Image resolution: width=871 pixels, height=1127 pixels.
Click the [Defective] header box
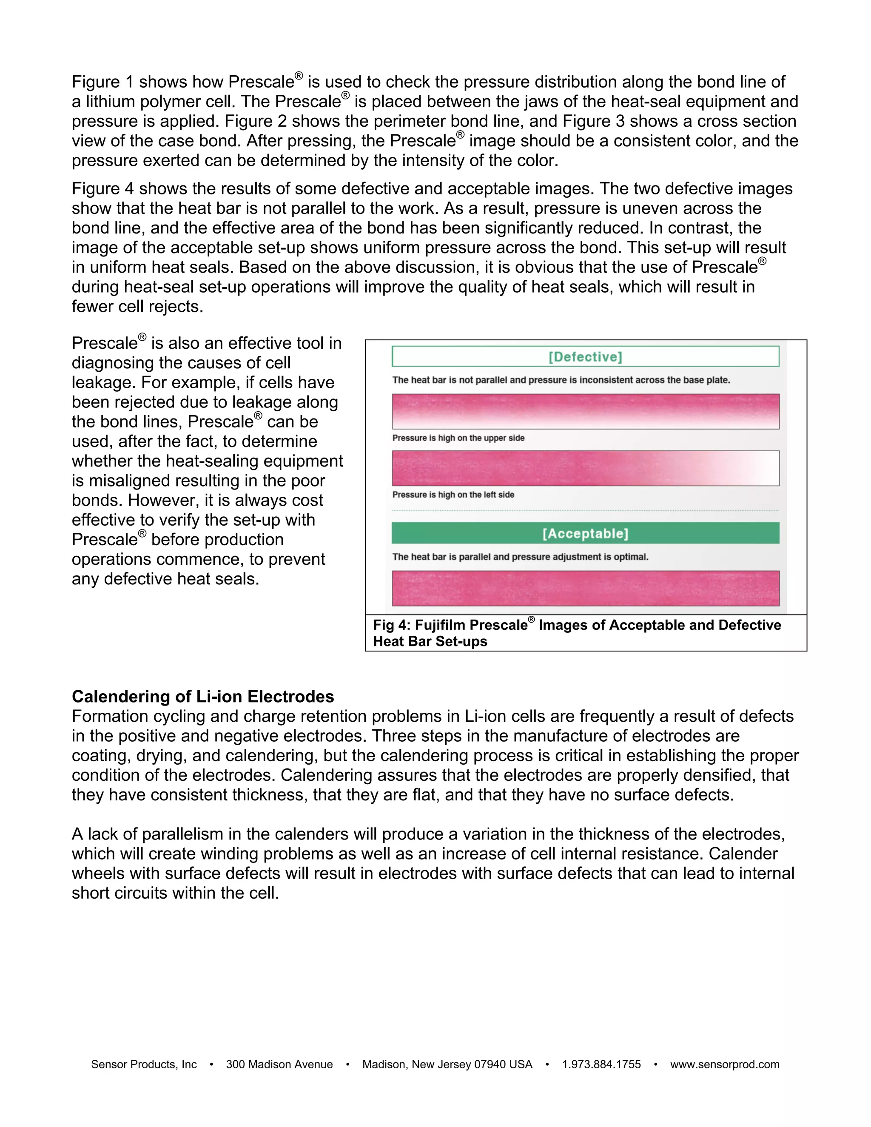(585, 356)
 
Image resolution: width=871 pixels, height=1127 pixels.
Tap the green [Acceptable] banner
(585, 533)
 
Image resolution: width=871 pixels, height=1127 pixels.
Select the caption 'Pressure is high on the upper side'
(458, 438)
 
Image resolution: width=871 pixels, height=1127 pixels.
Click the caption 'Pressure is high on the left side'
(453, 495)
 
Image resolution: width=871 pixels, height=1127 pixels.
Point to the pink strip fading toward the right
(585, 468)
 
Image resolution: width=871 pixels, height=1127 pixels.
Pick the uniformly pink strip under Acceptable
(585, 588)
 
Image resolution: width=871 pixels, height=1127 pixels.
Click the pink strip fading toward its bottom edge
(585, 411)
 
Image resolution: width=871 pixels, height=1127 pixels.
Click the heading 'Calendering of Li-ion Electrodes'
(203, 697)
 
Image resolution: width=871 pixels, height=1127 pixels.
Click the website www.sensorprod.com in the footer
(724, 1064)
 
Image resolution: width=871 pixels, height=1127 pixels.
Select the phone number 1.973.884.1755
(601, 1064)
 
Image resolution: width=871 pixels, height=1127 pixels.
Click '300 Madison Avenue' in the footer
(279, 1064)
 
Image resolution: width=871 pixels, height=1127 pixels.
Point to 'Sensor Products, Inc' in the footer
(144, 1064)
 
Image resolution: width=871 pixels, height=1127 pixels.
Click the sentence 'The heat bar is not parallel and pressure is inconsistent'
(561, 380)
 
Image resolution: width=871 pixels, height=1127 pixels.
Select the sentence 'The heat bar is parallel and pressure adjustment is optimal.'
(520, 557)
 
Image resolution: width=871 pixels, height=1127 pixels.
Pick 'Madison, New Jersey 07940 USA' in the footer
(447, 1064)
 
